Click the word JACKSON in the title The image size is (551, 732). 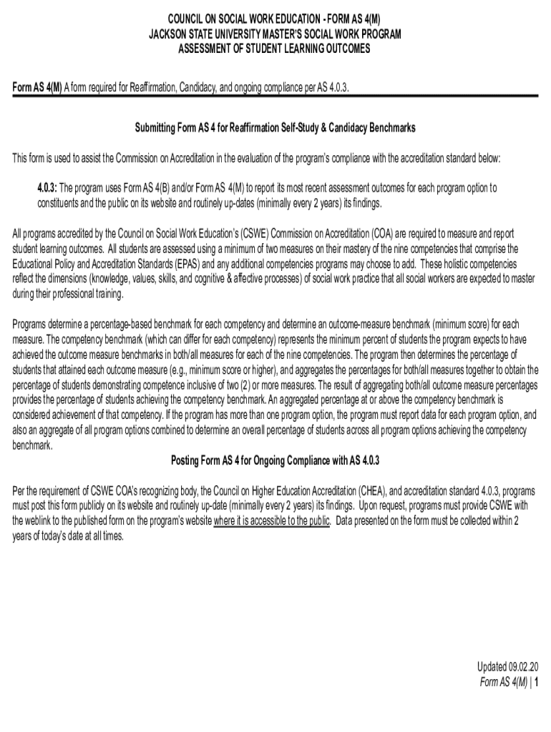pyautogui.click(x=167, y=34)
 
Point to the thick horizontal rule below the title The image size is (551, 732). pyautogui.click(x=275, y=96)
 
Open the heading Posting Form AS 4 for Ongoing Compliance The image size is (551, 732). pyautogui.click(x=275, y=460)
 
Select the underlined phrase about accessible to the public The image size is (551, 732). pyautogui.click(x=271, y=521)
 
